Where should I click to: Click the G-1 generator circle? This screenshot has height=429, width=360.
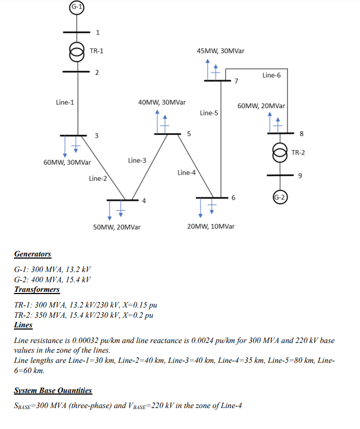[x=78, y=6]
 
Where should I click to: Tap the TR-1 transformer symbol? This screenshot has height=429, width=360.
[x=78, y=52]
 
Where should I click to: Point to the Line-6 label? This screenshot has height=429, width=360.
[x=271, y=75]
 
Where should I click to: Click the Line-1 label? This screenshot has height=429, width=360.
[x=65, y=102]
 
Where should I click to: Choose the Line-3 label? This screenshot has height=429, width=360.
[x=137, y=160]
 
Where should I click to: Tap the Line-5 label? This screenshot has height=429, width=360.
[x=209, y=113]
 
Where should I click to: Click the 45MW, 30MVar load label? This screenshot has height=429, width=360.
[x=221, y=51]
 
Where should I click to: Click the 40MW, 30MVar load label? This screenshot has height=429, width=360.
[x=162, y=102]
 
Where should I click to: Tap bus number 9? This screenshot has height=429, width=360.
[x=300, y=176]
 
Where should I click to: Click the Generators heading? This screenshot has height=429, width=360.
[x=33, y=254]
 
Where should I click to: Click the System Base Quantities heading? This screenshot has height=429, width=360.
[x=53, y=391]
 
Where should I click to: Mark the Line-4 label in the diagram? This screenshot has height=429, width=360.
[x=185, y=173]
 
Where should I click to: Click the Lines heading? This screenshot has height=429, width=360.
[x=23, y=325]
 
